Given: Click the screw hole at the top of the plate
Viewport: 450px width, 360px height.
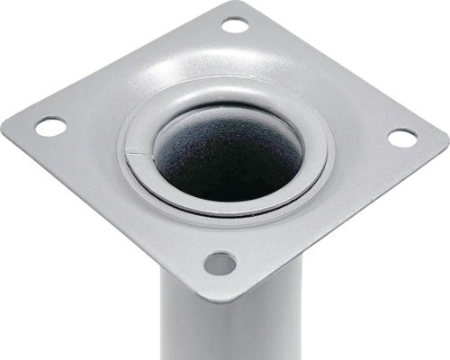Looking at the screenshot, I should [235, 25].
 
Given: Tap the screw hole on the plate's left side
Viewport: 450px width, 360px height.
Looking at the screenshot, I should [50, 127].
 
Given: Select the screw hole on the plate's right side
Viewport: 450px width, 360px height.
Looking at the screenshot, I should [402, 138].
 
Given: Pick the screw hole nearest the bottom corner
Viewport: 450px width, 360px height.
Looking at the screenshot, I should [220, 264].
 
